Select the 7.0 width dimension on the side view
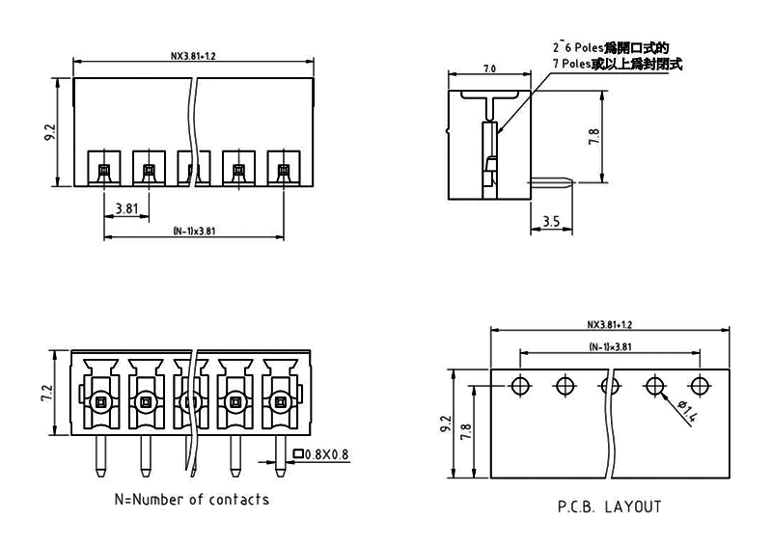pyautogui.click(x=488, y=68)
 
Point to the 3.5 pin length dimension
pyautogui.click(x=551, y=222)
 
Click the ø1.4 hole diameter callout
pyautogui.click(x=689, y=413)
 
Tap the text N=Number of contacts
pyautogui.click(x=192, y=500)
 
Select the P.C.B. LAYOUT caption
pyautogui.click(x=609, y=506)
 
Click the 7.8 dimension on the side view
pyautogui.click(x=594, y=137)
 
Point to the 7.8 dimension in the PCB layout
pyautogui.click(x=468, y=431)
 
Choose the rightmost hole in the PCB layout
pyautogui.click(x=701, y=387)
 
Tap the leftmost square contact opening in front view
pyautogui.click(x=103, y=171)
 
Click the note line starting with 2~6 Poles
pyautogui.click(x=611, y=46)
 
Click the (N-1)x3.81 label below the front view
pyautogui.click(x=193, y=232)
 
